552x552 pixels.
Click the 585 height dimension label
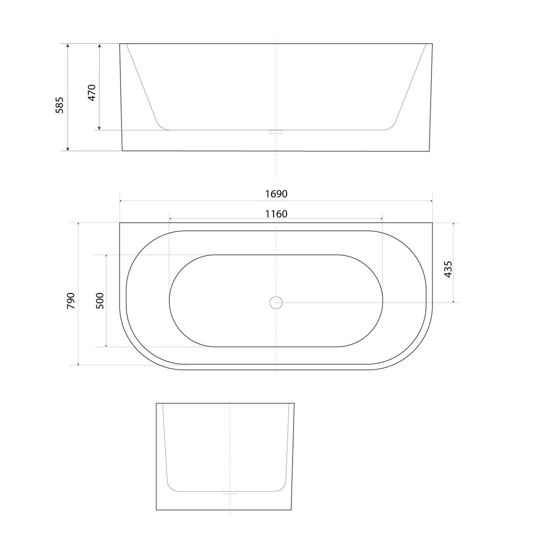[60, 105]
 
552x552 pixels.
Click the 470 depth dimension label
[92, 92]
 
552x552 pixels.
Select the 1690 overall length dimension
[276, 194]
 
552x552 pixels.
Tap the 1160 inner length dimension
[276, 214]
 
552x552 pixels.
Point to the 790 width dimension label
[71, 300]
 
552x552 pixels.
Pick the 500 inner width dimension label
[100, 300]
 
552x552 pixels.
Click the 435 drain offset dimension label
[448, 269]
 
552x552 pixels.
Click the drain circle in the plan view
[276, 303]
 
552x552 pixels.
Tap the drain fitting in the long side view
[276, 132]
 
